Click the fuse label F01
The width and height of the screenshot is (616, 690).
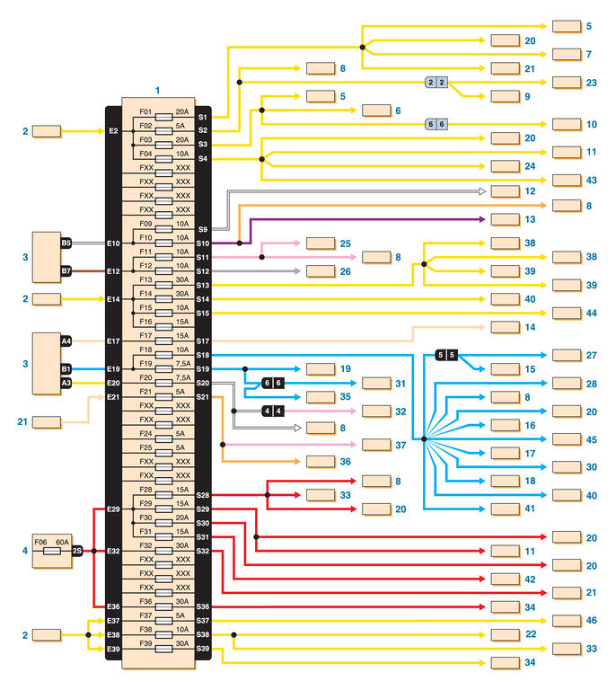point(145,112)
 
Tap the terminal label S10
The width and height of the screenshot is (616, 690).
point(202,243)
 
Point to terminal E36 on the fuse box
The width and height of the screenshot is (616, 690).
point(113,606)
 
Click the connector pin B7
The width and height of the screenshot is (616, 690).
point(66,270)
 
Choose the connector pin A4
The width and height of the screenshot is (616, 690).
point(66,341)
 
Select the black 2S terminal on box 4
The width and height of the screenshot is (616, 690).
point(77,550)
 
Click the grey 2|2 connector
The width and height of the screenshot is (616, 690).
point(436,82)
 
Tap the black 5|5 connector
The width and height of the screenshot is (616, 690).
point(446,355)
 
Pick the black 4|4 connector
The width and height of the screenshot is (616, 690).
point(273,411)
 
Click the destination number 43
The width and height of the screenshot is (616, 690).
point(590,181)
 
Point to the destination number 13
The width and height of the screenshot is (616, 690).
point(529,219)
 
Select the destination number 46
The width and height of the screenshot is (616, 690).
point(590,621)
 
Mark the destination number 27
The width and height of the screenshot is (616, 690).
point(590,356)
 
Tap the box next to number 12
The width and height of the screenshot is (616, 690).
point(504,191)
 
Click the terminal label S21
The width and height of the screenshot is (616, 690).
point(202,397)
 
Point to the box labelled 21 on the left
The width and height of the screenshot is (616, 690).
point(47,421)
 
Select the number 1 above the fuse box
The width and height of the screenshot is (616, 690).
point(158,91)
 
